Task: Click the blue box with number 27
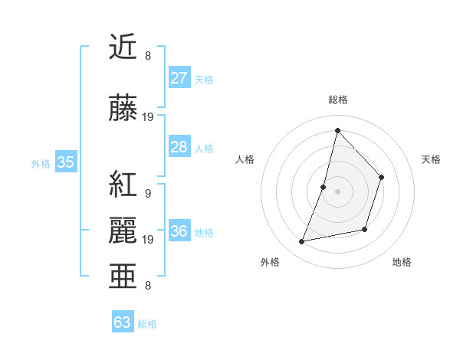(179, 78)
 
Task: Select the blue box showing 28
(179, 147)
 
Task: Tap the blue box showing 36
(179, 232)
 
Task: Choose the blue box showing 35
(66, 162)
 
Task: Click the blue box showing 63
(123, 322)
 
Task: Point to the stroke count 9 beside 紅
(148, 193)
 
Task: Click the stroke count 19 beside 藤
(148, 117)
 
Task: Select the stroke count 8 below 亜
(148, 286)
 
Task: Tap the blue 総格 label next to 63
(147, 324)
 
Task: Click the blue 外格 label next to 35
(41, 163)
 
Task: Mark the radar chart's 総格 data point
(337, 130)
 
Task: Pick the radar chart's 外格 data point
(302, 242)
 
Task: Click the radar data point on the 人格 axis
(324, 187)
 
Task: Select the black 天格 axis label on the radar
(432, 159)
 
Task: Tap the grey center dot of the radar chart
(337, 191)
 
